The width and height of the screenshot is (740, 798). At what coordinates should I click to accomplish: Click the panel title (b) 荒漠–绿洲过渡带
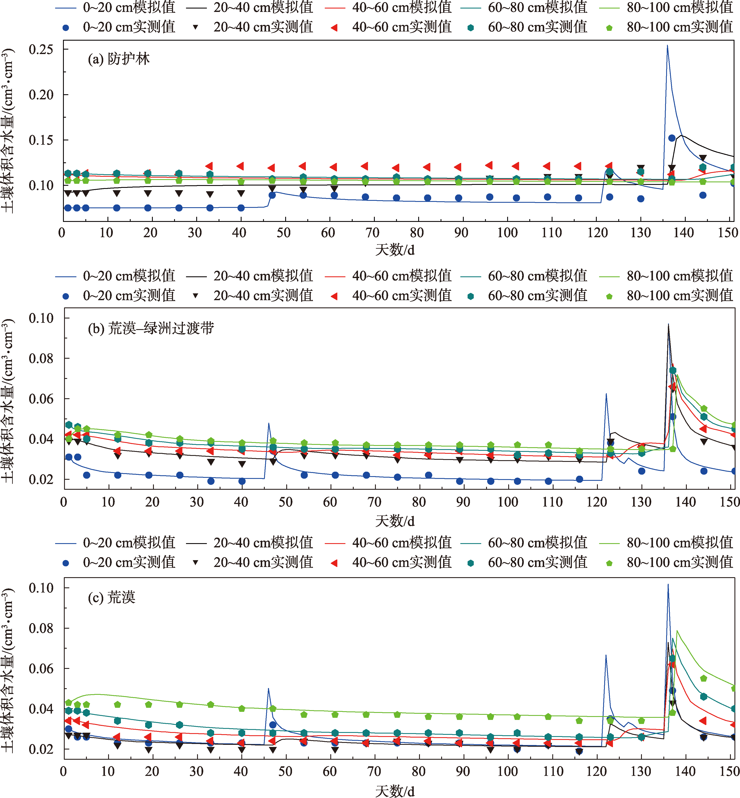pyautogui.click(x=151, y=328)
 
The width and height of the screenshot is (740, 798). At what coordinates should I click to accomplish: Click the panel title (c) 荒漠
pyautogui.click(x=112, y=598)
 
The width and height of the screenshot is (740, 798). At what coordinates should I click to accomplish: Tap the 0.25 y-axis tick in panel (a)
pyautogui.click(x=41, y=50)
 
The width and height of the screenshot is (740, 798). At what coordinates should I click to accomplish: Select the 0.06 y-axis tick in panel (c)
pyautogui.click(x=41, y=668)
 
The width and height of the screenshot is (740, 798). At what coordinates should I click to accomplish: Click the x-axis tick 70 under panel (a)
pyautogui.click(x=372, y=233)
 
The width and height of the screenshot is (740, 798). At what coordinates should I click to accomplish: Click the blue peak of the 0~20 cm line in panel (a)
pyautogui.click(x=667, y=46)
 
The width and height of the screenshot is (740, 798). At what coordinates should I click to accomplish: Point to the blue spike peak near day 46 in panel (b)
pyautogui.click(x=268, y=423)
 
